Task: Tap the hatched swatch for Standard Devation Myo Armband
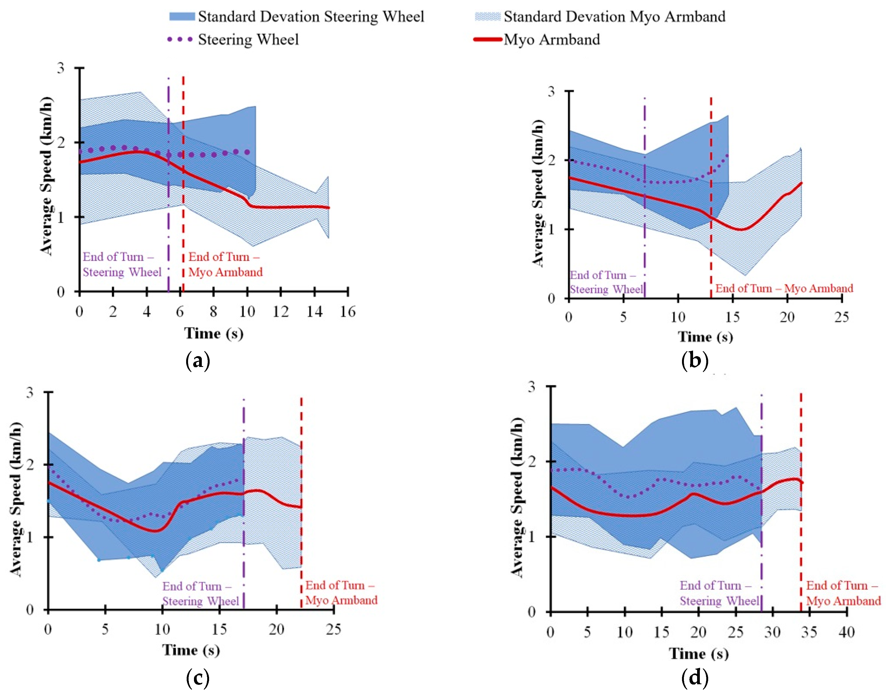click(487, 17)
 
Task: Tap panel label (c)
click(198, 678)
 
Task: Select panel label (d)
click(695, 678)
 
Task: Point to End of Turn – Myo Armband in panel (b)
click(784, 288)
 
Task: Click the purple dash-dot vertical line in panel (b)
click(645, 204)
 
